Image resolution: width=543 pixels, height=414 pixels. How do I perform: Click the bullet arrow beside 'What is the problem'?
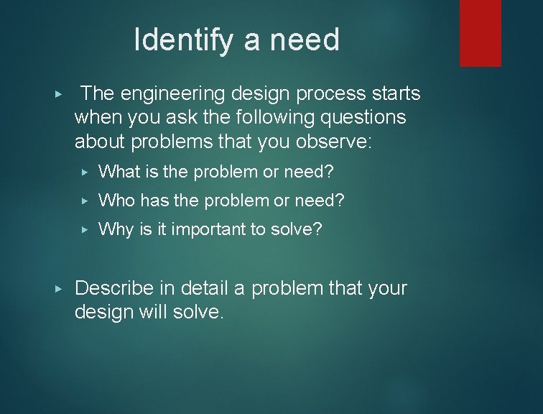[85, 172]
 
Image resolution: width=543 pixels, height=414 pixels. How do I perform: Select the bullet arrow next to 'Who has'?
[85, 201]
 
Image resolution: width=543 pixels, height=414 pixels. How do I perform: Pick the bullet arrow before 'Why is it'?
[85, 230]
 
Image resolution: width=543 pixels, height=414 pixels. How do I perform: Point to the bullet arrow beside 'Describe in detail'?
[59, 289]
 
